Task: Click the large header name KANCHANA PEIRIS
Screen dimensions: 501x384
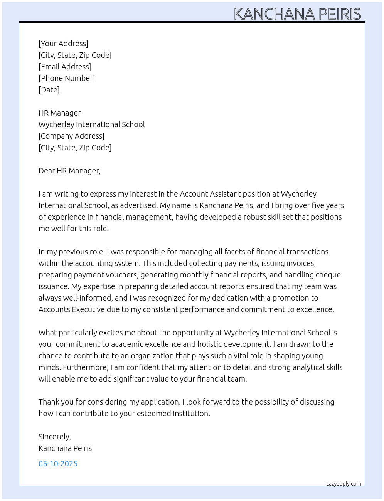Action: point(297,14)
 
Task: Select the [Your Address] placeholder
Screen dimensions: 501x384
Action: point(63,44)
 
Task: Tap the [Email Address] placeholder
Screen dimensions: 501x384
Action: point(65,67)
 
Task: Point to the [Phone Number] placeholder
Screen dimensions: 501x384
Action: point(67,78)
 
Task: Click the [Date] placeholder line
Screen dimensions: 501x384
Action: point(49,90)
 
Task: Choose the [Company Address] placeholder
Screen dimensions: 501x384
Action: point(71,136)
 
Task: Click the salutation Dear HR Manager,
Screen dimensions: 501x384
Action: point(69,171)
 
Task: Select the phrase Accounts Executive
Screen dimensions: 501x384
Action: point(71,309)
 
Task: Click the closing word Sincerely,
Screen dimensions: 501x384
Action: point(55,437)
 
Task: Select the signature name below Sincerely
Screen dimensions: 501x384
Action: point(65,448)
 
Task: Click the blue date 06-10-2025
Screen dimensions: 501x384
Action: point(58,464)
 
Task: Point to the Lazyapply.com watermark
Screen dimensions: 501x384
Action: point(344,484)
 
